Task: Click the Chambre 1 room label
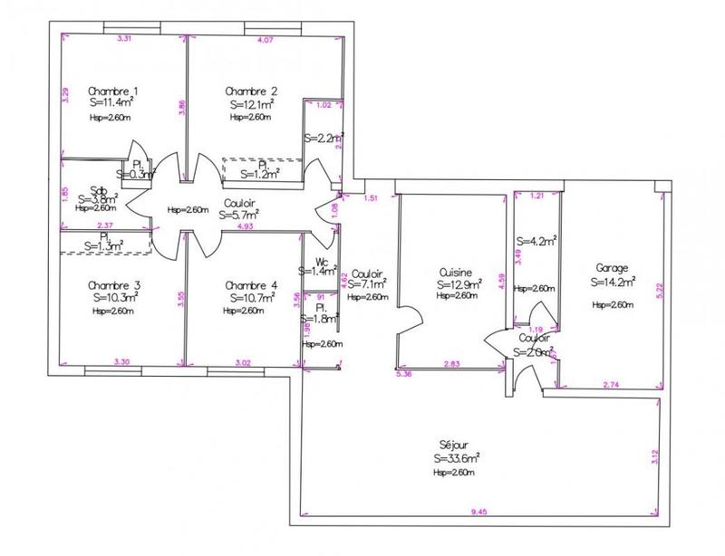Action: [113, 91]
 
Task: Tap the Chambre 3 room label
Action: [116, 284]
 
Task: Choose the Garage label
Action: [613, 268]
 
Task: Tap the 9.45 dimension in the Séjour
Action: [479, 514]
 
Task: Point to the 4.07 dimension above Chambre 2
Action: [266, 41]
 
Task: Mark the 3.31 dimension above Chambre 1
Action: [126, 38]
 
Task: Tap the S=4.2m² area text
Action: [536, 241]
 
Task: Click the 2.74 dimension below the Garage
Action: [614, 386]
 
